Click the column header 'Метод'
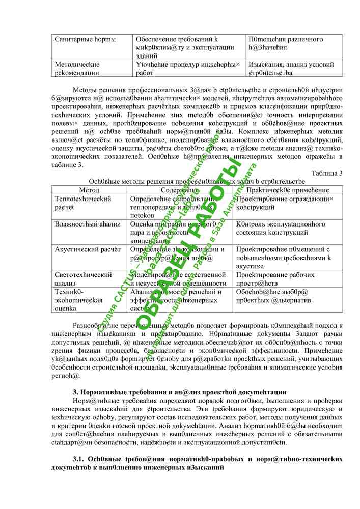[x=89, y=189]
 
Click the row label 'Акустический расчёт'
[x=88, y=249]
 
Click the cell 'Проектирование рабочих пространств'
[x=275, y=279]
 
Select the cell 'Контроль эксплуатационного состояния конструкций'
[x=281, y=228]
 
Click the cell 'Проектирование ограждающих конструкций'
[x=285, y=203]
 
